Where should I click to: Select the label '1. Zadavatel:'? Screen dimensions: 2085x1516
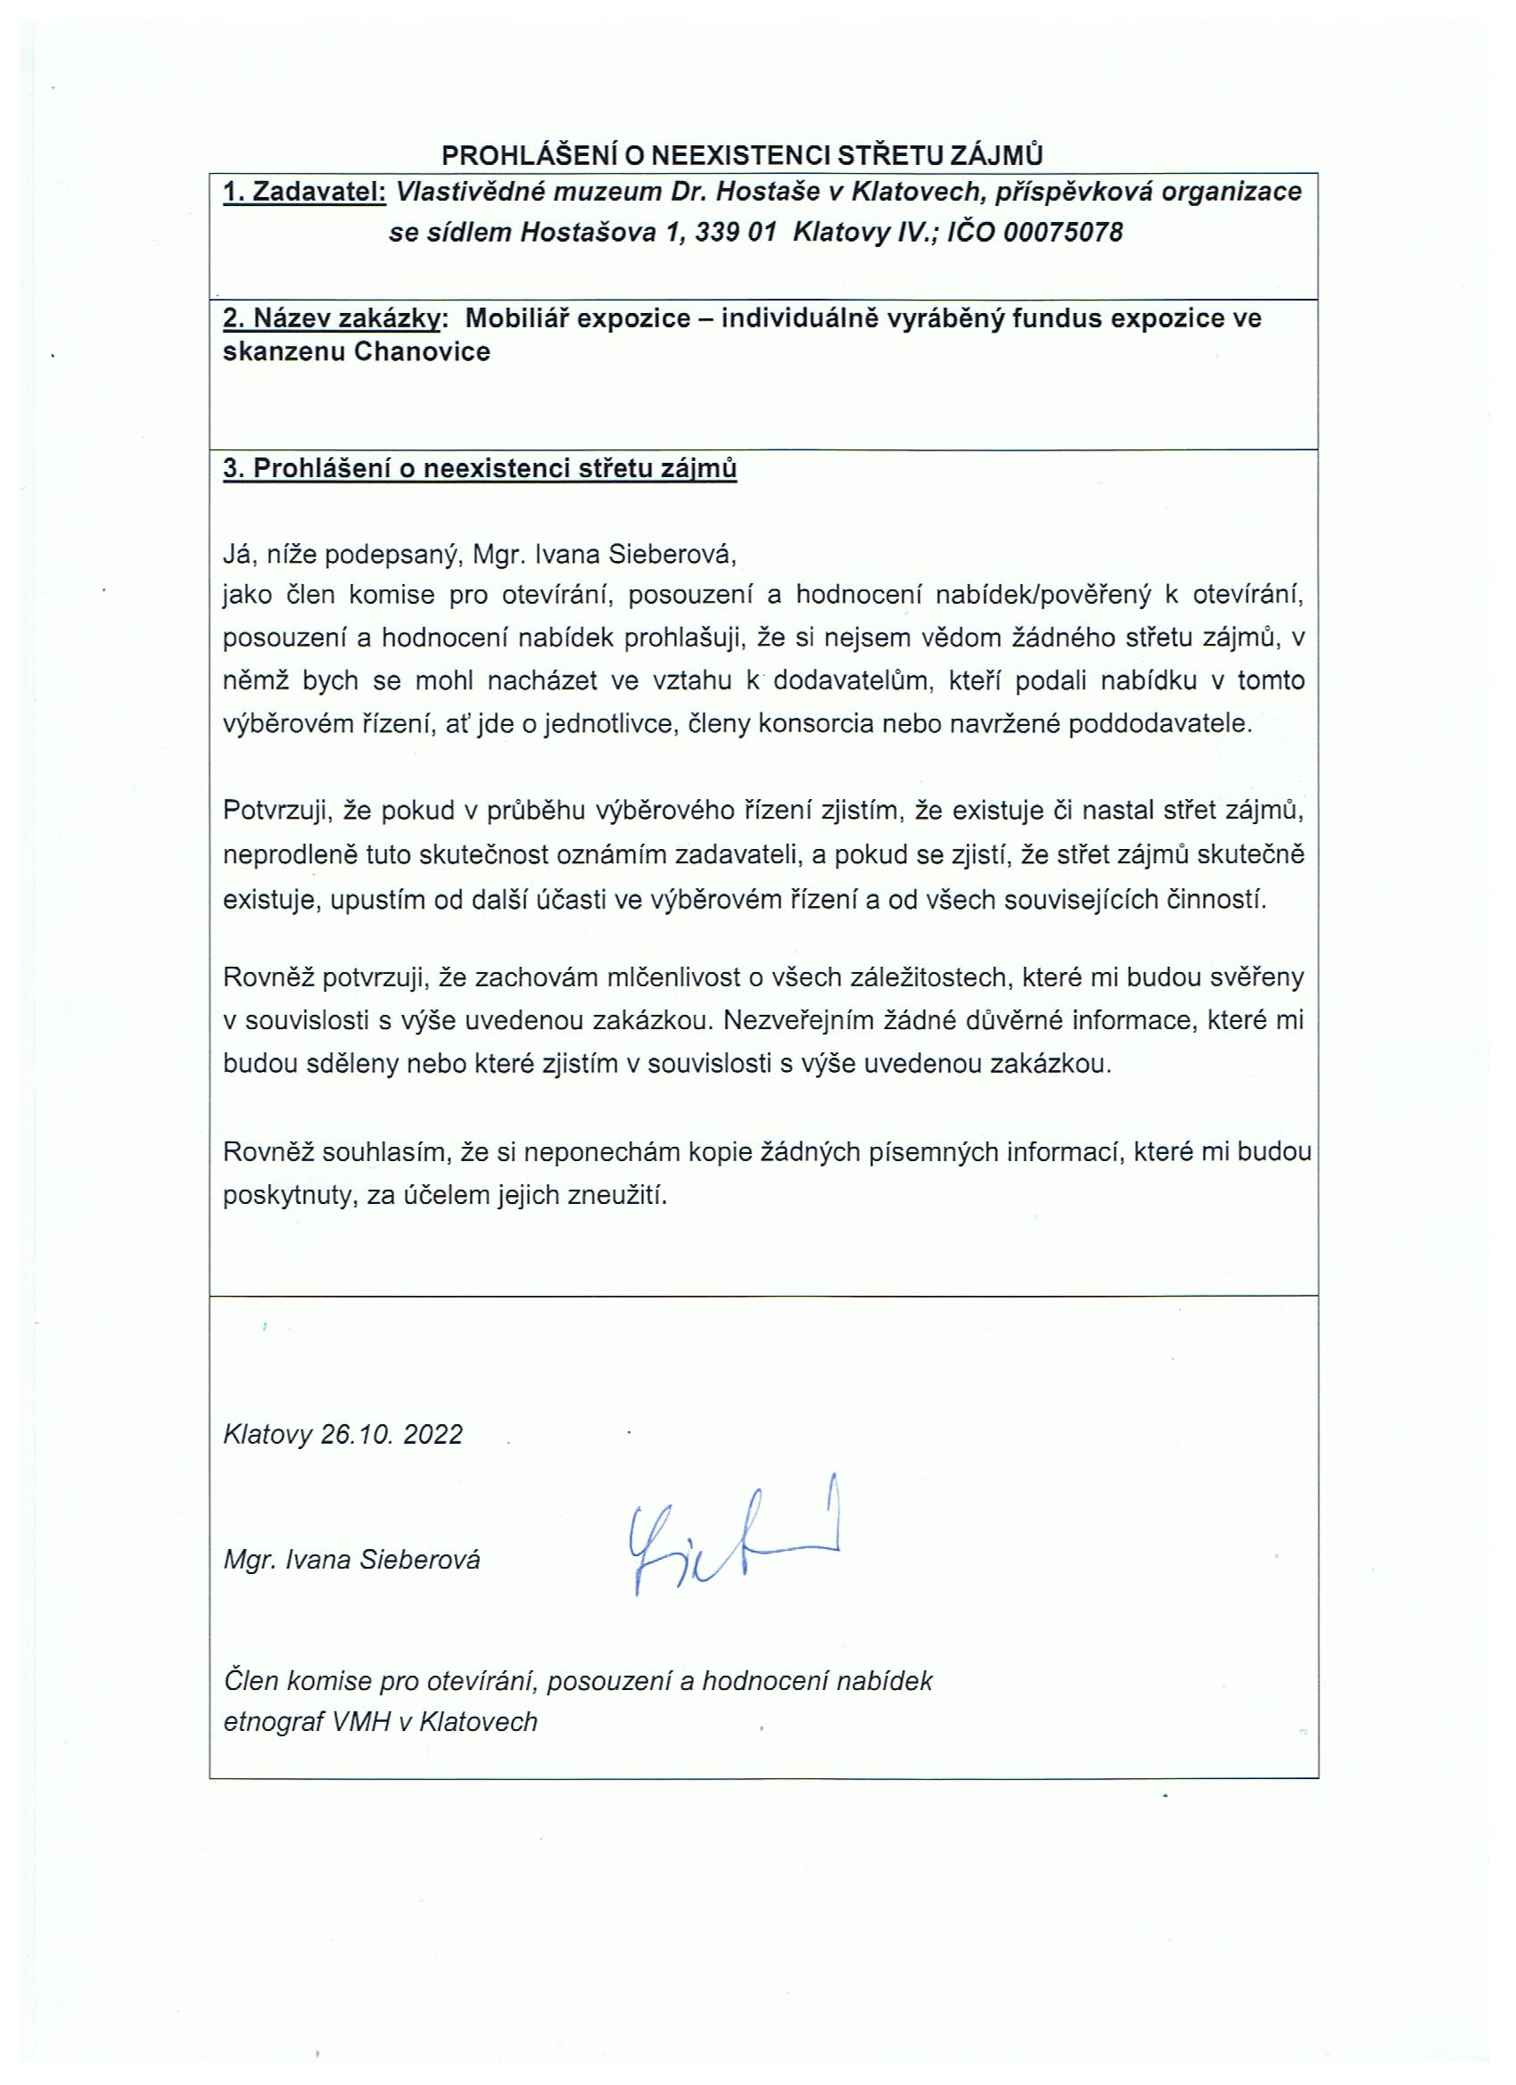[x=305, y=191]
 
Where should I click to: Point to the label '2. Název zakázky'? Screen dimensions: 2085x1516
[x=331, y=318]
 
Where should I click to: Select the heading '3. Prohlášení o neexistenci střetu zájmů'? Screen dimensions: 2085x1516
[x=480, y=469]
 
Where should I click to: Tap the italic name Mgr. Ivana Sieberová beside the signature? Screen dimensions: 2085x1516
[x=351, y=1559]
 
